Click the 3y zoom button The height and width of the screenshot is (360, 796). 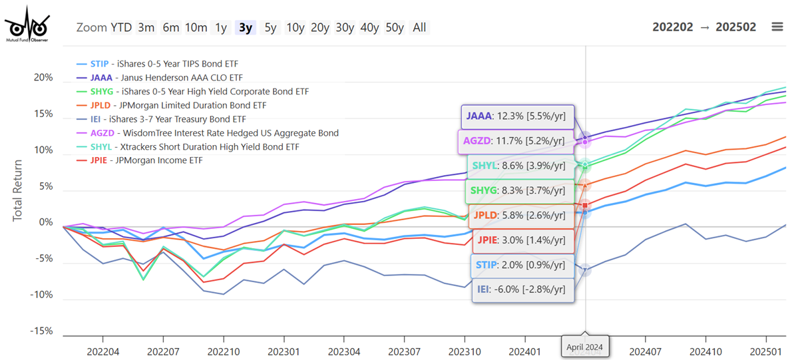click(246, 27)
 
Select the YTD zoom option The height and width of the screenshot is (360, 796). click(121, 27)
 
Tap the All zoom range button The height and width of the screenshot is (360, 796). click(419, 27)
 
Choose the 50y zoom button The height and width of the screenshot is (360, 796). click(395, 27)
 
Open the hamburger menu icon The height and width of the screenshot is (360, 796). click(777, 27)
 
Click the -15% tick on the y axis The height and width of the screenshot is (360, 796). click(43, 331)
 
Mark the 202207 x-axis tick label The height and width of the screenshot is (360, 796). click(164, 350)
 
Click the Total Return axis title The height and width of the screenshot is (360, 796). click(18, 190)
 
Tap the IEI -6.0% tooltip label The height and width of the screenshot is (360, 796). click(522, 290)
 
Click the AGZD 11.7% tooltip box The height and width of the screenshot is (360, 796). click(515, 141)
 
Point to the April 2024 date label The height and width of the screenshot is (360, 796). click(585, 346)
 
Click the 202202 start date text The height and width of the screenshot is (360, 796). click(676, 27)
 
